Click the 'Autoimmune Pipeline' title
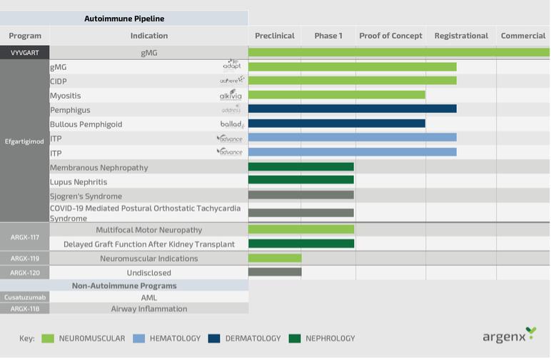pyautogui.click(x=124, y=19)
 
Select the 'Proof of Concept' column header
pyautogui.click(x=390, y=36)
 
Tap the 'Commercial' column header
pyautogui.click(x=522, y=36)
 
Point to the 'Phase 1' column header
pyautogui.click(x=328, y=36)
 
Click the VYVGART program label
pyautogui.click(x=24, y=53)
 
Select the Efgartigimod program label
pyautogui.click(x=24, y=141)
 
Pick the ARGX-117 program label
pyautogui.click(x=24, y=236)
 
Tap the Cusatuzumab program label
pyautogui.click(x=24, y=297)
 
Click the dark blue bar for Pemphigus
pyautogui.click(x=352, y=109)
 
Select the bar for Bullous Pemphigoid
pyautogui.click(x=336, y=124)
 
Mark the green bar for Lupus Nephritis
pyautogui.click(x=300, y=181)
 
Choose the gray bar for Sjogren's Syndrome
pyautogui.click(x=300, y=195)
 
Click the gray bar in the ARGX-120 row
pyautogui.click(x=275, y=272)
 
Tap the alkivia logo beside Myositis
pyautogui.click(x=231, y=95)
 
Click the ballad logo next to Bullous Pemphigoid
pyautogui.click(x=232, y=124)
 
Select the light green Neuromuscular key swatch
pyautogui.click(x=48, y=339)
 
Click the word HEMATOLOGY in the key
pyautogui.click(x=175, y=339)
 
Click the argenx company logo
pyautogui.click(x=508, y=336)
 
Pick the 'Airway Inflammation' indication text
pyautogui.click(x=149, y=309)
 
